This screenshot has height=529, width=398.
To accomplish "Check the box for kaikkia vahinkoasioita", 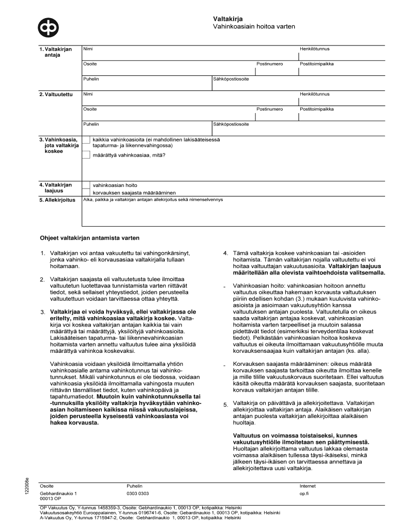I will click(86, 140).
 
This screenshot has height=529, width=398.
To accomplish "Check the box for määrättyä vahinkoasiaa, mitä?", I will click(86, 153).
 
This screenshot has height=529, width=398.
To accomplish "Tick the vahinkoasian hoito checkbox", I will click(86, 185).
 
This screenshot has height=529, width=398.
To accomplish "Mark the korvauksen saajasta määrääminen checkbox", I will click(86, 193).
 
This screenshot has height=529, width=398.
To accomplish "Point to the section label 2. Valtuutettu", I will click(55, 95).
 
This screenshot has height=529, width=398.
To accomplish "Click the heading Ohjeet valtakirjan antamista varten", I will click(90, 238).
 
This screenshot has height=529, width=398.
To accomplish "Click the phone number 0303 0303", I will click(137, 494).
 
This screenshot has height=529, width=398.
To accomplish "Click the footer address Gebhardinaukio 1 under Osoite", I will click(59, 494).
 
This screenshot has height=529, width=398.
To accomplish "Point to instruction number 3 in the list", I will click(43, 312).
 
